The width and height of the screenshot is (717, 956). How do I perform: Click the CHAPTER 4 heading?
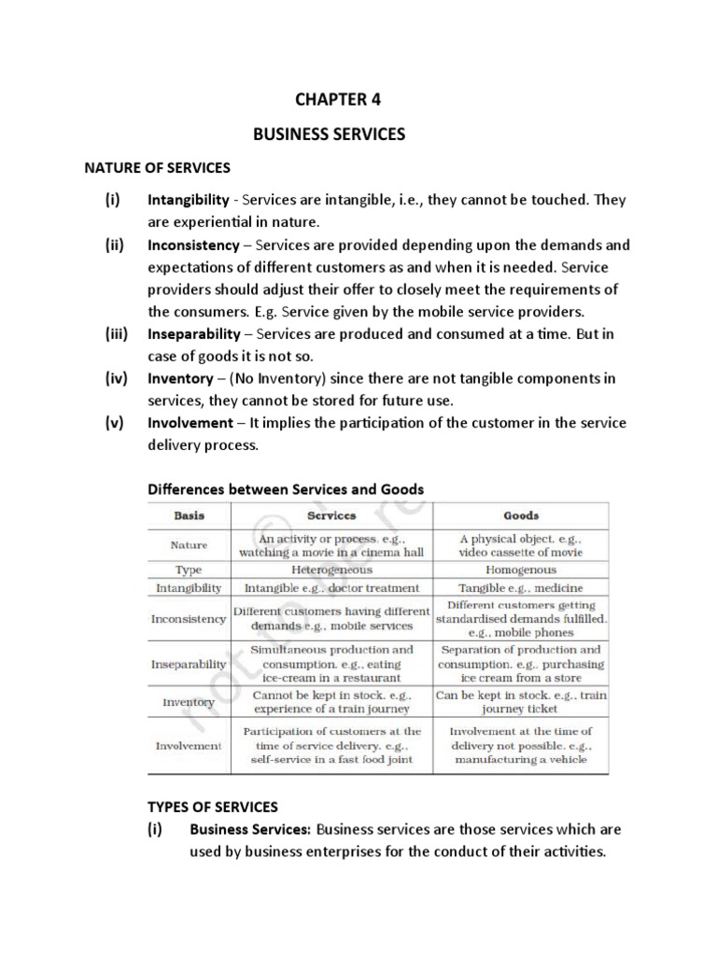click(339, 99)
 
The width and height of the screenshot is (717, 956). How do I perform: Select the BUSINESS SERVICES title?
click(330, 134)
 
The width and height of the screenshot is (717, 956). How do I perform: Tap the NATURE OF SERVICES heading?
click(157, 168)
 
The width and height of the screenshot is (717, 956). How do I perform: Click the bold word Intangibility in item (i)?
click(188, 200)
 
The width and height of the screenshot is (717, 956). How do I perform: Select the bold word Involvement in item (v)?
click(190, 423)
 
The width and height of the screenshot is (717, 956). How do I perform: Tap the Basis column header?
click(189, 514)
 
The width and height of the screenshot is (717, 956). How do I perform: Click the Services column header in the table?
click(331, 514)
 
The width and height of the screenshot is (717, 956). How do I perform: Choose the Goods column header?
click(520, 514)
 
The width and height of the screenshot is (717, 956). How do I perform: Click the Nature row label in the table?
click(189, 544)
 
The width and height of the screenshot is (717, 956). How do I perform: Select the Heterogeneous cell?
click(331, 569)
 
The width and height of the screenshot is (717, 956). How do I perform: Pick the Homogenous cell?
click(520, 569)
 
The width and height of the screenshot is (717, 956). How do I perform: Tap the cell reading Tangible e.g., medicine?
click(520, 588)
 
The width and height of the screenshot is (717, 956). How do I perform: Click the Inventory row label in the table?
click(189, 702)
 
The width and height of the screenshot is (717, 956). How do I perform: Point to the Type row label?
click(189, 569)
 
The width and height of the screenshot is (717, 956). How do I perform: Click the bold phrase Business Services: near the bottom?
click(249, 829)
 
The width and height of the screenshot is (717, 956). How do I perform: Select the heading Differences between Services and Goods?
click(286, 488)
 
